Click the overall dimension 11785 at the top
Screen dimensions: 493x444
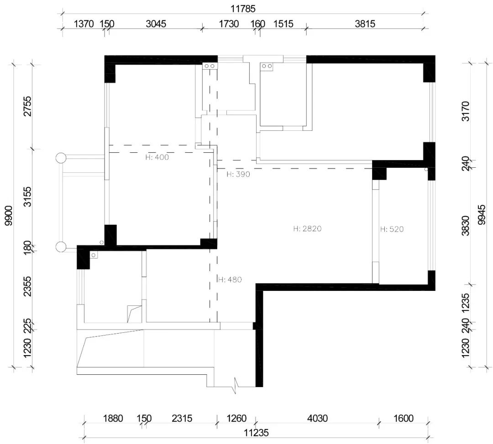243,9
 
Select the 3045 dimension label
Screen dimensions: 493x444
156,24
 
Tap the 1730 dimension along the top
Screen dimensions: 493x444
229,24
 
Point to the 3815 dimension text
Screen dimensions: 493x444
365,24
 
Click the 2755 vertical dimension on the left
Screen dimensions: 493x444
28,106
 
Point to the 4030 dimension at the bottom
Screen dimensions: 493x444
318,418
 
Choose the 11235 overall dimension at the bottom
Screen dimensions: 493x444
257,433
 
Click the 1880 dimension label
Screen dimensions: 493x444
113,418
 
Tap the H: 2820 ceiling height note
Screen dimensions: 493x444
308,228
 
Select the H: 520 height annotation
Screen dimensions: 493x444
392,229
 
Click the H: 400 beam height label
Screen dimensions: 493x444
157,157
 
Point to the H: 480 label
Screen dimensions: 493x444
230,279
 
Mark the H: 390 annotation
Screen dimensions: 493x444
238,174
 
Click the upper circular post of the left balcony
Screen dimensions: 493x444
61,158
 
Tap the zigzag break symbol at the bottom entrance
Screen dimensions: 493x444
235,386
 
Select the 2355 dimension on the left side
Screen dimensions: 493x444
28,286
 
